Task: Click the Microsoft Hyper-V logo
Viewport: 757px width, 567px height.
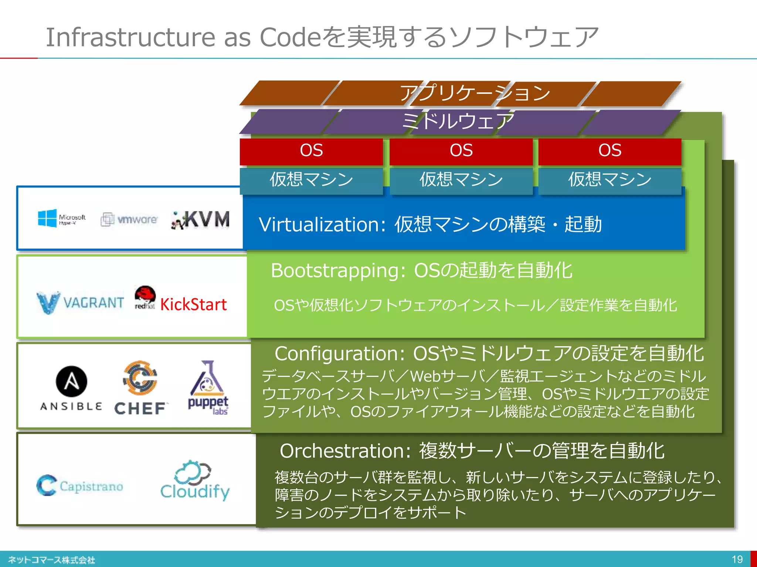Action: coord(61,219)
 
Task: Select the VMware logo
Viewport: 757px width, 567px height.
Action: coord(129,219)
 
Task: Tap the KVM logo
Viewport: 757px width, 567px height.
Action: coord(201,220)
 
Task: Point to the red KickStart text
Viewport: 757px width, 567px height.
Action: coord(193,305)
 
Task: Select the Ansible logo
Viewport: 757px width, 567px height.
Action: coord(71,388)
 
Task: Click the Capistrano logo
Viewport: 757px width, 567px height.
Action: coord(80,485)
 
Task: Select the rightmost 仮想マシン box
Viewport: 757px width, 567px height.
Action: coord(610,180)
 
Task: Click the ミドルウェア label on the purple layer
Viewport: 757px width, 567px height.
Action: coord(458,121)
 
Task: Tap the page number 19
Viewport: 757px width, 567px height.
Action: coord(737,559)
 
